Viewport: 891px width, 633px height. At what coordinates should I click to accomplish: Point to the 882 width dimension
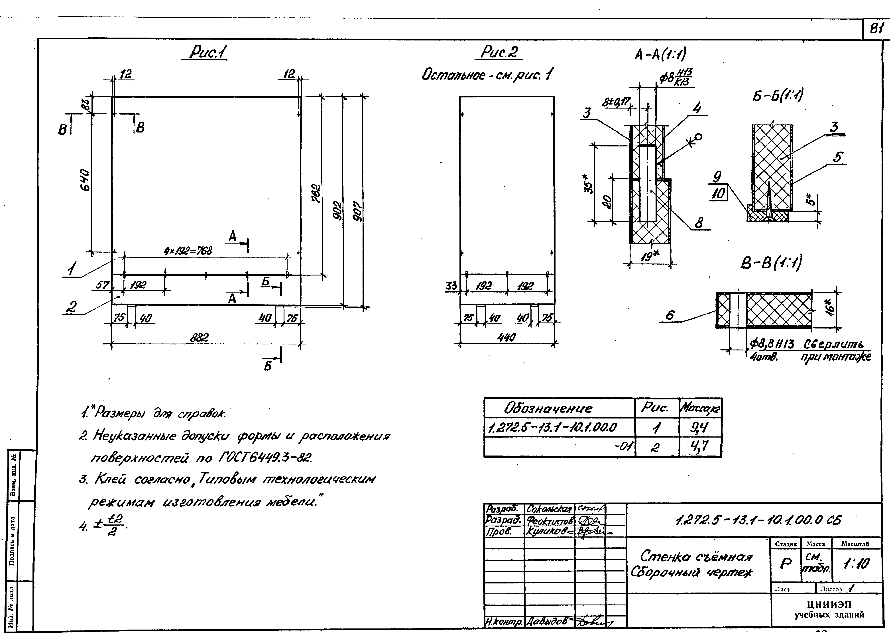pos(199,338)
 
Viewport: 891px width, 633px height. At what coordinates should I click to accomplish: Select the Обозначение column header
pos(548,409)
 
